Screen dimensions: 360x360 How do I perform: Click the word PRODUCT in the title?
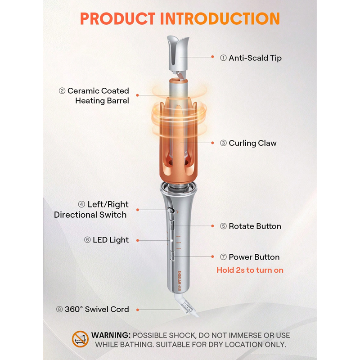click(118, 18)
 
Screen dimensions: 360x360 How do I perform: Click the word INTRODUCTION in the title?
click(220, 18)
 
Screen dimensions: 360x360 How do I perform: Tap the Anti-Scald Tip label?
click(255, 58)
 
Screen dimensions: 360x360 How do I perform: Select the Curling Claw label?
click(252, 143)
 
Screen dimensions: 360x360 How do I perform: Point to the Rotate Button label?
click(255, 226)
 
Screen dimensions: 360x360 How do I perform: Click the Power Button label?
click(254, 257)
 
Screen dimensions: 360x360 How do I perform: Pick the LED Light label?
click(111, 240)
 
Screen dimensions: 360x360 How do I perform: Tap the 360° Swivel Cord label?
click(97, 309)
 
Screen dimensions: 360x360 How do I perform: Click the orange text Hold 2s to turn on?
click(250, 270)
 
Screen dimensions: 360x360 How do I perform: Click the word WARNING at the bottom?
click(111, 335)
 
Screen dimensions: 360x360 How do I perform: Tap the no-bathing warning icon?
click(80, 339)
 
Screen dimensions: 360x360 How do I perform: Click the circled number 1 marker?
click(223, 58)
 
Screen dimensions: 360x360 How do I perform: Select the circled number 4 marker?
click(81, 204)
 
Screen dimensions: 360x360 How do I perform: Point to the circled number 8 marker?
click(59, 309)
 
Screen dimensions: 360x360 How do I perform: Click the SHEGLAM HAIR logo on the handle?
click(179, 280)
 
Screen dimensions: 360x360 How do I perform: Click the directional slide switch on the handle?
click(171, 211)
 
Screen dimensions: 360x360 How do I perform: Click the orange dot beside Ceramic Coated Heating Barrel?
click(138, 95)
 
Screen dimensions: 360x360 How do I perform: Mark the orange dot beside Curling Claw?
click(212, 143)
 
